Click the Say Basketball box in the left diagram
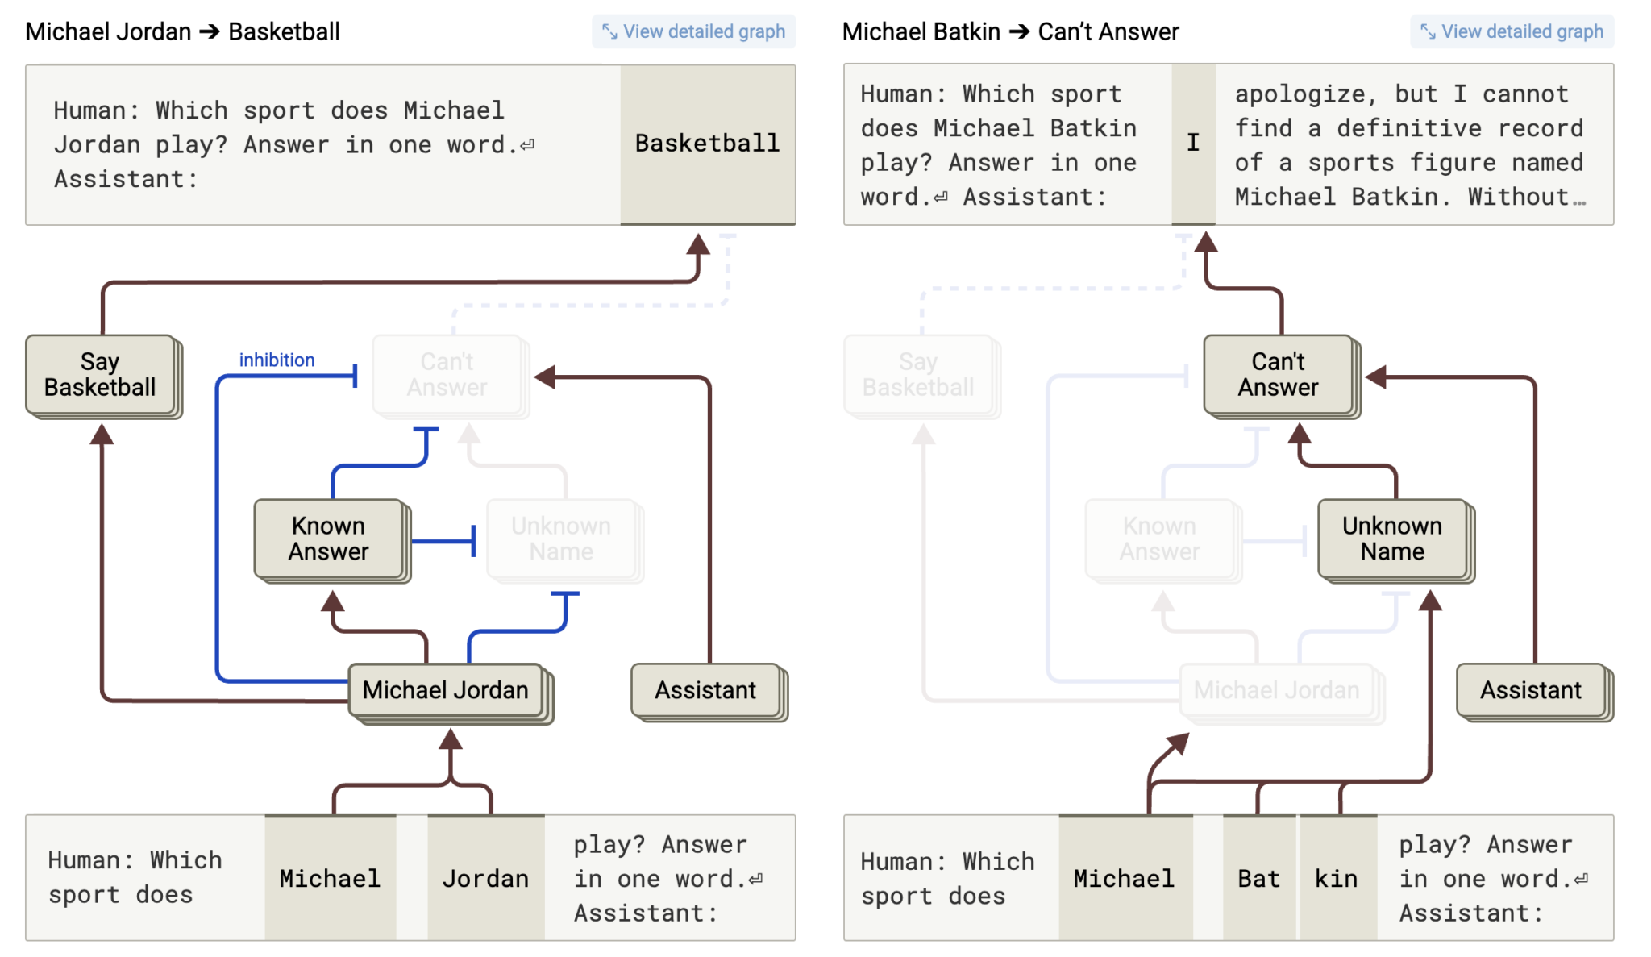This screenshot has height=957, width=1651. [100, 375]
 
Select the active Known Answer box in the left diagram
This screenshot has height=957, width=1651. [329, 539]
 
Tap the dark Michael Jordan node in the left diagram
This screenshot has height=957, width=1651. [446, 690]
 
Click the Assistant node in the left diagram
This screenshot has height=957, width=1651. [705, 690]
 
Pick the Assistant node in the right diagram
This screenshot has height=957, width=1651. [1531, 690]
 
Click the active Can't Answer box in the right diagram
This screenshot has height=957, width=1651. [1279, 375]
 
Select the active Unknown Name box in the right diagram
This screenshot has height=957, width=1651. [1392, 539]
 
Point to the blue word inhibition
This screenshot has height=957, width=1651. [277, 360]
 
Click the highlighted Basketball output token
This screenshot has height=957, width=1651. [707, 144]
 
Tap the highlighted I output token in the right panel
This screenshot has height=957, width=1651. [1193, 144]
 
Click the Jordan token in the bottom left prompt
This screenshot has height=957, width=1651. [486, 878]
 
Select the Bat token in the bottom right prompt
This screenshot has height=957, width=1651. [1258, 878]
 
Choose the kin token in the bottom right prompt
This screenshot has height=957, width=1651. [1337, 878]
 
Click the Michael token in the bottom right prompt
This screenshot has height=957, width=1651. [1125, 878]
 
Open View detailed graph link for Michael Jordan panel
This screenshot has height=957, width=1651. [694, 31]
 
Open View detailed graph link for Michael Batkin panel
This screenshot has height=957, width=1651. [1512, 31]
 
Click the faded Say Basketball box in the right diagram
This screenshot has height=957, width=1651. [918, 375]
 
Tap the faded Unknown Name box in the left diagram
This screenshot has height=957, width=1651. [561, 539]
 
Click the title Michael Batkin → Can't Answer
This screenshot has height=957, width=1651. [1010, 32]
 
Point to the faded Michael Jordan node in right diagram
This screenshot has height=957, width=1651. [1276, 690]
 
